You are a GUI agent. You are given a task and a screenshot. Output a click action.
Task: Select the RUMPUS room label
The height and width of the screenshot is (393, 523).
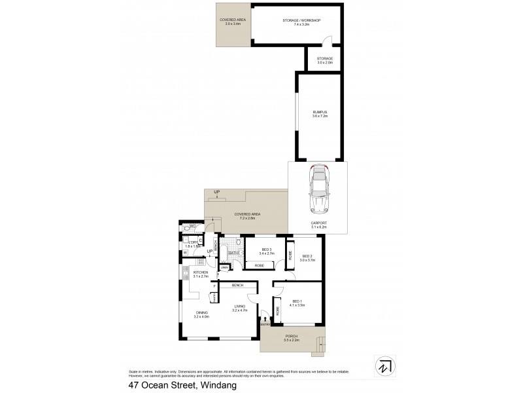click(x=319, y=114)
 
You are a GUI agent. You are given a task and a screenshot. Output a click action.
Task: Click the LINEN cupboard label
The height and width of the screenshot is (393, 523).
click(x=224, y=267)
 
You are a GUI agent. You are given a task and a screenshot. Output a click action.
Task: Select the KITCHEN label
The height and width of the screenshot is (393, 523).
click(x=200, y=273)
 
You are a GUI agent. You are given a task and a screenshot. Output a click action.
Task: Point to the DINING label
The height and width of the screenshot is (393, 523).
click(x=201, y=314)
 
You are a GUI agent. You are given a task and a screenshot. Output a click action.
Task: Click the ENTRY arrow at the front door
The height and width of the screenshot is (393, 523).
click(x=265, y=320)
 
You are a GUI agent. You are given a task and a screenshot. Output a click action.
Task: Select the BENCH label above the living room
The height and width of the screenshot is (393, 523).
click(x=237, y=286)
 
